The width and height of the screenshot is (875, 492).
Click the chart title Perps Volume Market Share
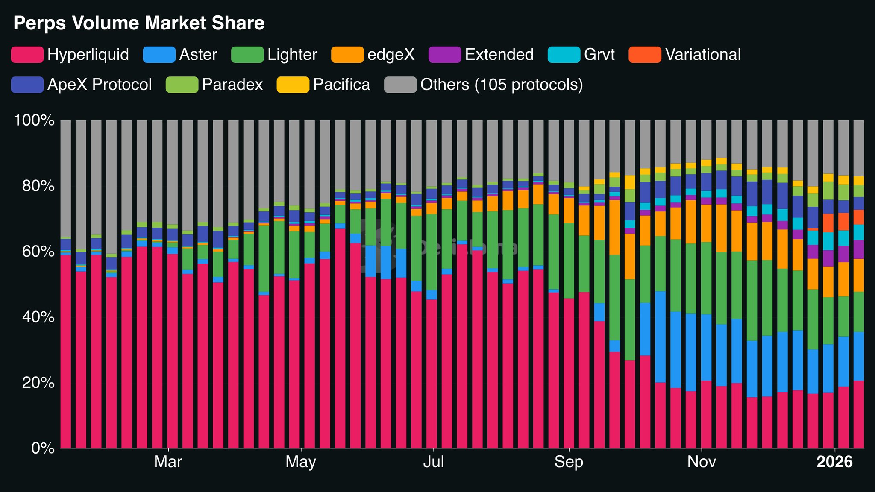[x=139, y=23]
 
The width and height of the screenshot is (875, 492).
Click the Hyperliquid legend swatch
[x=27, y=55]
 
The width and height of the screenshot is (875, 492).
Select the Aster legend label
[x=198, y=55]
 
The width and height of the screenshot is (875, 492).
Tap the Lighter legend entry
[x=292, y=55]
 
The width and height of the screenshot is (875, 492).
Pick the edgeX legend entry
[x=391, y=55]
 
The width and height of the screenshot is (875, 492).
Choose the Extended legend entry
[x=499, y=55]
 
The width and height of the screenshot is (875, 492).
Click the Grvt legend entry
[x=599, y=55]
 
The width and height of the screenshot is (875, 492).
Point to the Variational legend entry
[x=703, y=55]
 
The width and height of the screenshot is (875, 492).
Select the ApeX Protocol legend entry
[x=100, y=85]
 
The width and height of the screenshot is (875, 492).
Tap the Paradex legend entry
[x=232, y=85]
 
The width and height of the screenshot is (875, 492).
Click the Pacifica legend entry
[x=341, y=85]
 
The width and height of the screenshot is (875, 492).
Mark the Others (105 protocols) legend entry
[x=502, y=85]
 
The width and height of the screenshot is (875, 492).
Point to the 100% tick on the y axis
[x=34, y=120]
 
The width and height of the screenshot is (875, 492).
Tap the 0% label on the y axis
[x=43, y=448]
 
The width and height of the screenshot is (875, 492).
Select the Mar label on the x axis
[x=168, y=462]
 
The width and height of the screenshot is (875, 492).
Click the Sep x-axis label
[x=569, y=462]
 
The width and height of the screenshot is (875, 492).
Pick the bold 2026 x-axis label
[x=834, y=462]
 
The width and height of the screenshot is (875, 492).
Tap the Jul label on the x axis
[x=434, y=462]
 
